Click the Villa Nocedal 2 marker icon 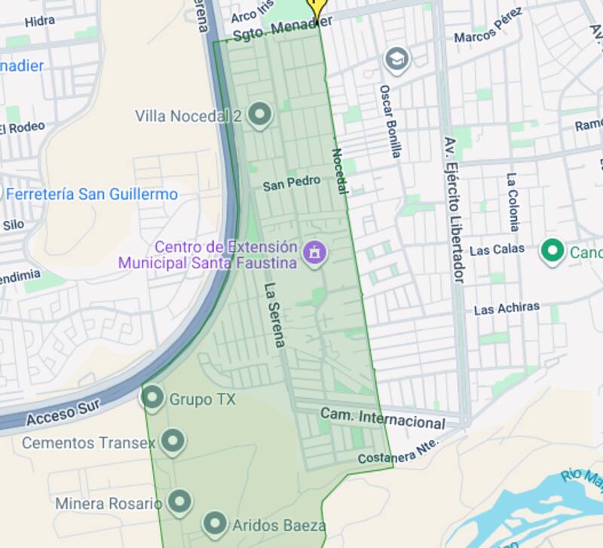(x=259, y=115)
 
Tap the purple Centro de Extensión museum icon (x=314, y=253)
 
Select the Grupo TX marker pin (x=153, y=398)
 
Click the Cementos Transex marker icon (x=173, y=442)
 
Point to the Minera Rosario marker (x=179, y=501)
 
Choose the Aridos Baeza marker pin (x=215, y=523)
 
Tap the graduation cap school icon (x=396, y=59)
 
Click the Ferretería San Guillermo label (x=92, y=194)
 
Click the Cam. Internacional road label (x=382, y=418)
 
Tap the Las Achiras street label (x=507, y=308)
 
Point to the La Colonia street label (x=513, y=201)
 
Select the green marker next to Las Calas (x=553, y=251)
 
